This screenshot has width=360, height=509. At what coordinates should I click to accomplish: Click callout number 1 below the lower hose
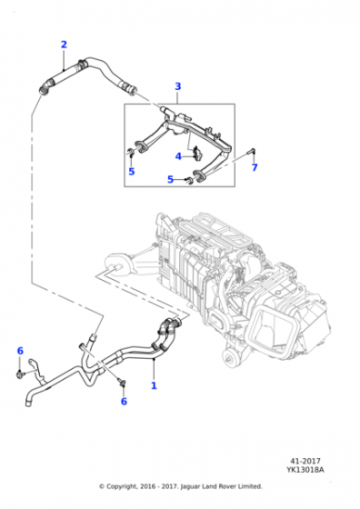154,385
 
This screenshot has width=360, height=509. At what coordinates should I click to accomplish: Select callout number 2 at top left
64,45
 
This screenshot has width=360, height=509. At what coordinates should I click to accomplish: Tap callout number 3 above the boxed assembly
178,86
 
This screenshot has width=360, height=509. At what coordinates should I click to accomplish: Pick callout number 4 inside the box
178,155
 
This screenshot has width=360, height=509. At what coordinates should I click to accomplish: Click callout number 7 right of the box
255,167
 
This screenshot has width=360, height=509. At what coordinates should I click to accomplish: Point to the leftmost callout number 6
20,350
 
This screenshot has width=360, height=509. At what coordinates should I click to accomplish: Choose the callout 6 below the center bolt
124,401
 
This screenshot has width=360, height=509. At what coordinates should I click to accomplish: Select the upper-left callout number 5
131,171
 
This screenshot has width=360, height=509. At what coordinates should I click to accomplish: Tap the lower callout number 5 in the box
170,180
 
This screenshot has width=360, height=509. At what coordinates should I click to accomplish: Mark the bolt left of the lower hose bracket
20,372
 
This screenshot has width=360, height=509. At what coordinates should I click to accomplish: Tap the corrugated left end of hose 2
44,87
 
